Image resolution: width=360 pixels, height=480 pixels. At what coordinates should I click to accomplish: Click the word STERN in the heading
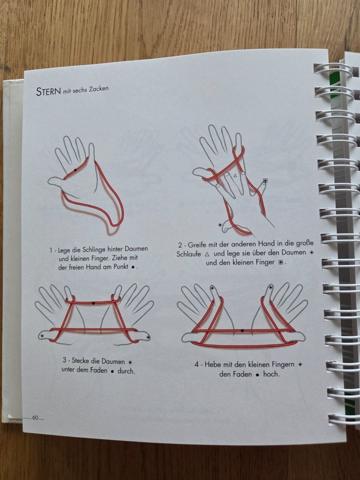tap(49, 91)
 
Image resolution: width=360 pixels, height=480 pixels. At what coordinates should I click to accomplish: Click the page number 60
tap(35, 418)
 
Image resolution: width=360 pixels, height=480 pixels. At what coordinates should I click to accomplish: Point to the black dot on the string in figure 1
tap(75, 170)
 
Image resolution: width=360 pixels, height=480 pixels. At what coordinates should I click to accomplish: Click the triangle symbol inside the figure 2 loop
tap(235, 175)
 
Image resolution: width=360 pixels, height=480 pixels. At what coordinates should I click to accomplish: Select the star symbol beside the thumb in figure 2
tap(220, 224)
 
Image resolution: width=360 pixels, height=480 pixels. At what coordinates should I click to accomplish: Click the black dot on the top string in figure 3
tap(93, 303)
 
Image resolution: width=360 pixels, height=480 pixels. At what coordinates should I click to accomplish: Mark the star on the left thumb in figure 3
tap(42, 335)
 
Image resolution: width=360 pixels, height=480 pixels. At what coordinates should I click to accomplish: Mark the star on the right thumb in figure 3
tap(149, 337)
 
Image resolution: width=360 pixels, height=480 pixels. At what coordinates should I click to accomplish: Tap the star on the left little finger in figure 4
tap(212, 288)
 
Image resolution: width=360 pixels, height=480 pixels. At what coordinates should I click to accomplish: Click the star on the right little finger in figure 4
tap(270, 287)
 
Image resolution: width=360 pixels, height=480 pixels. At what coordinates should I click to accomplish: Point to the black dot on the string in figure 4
tap(242, 331)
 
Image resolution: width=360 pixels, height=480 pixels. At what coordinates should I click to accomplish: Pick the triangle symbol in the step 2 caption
tap(207, 255)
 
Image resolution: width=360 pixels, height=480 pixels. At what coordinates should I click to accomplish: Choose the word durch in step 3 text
tap(126, 371)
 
